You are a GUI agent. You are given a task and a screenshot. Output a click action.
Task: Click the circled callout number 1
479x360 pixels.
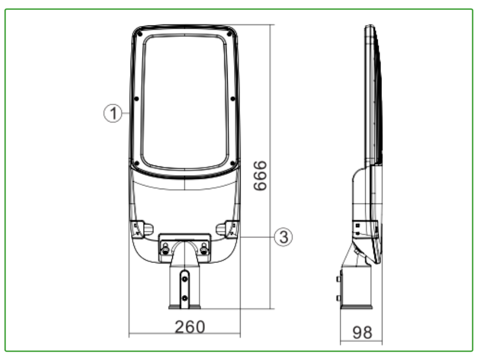tap(113, 113)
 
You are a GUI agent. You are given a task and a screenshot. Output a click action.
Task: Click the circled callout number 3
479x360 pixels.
tap(283, 237)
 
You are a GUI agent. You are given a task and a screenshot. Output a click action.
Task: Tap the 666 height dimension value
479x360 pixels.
tap(260, 176)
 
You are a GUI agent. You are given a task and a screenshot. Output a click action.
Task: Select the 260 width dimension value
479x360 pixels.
tap(190, 327)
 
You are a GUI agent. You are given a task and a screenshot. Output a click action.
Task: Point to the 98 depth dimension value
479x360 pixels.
tap(363, 332)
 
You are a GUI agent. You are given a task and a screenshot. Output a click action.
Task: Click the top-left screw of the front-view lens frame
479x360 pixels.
tap(140, 34)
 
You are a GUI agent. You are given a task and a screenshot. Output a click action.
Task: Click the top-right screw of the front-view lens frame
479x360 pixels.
tap(229, 34)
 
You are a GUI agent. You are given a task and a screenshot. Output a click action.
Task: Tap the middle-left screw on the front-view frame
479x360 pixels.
tap(137, 99)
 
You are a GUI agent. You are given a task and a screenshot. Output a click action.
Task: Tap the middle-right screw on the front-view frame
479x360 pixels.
tap(233, 99)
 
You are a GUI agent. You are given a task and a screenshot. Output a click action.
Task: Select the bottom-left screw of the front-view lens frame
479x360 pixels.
tap(137, 164)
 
